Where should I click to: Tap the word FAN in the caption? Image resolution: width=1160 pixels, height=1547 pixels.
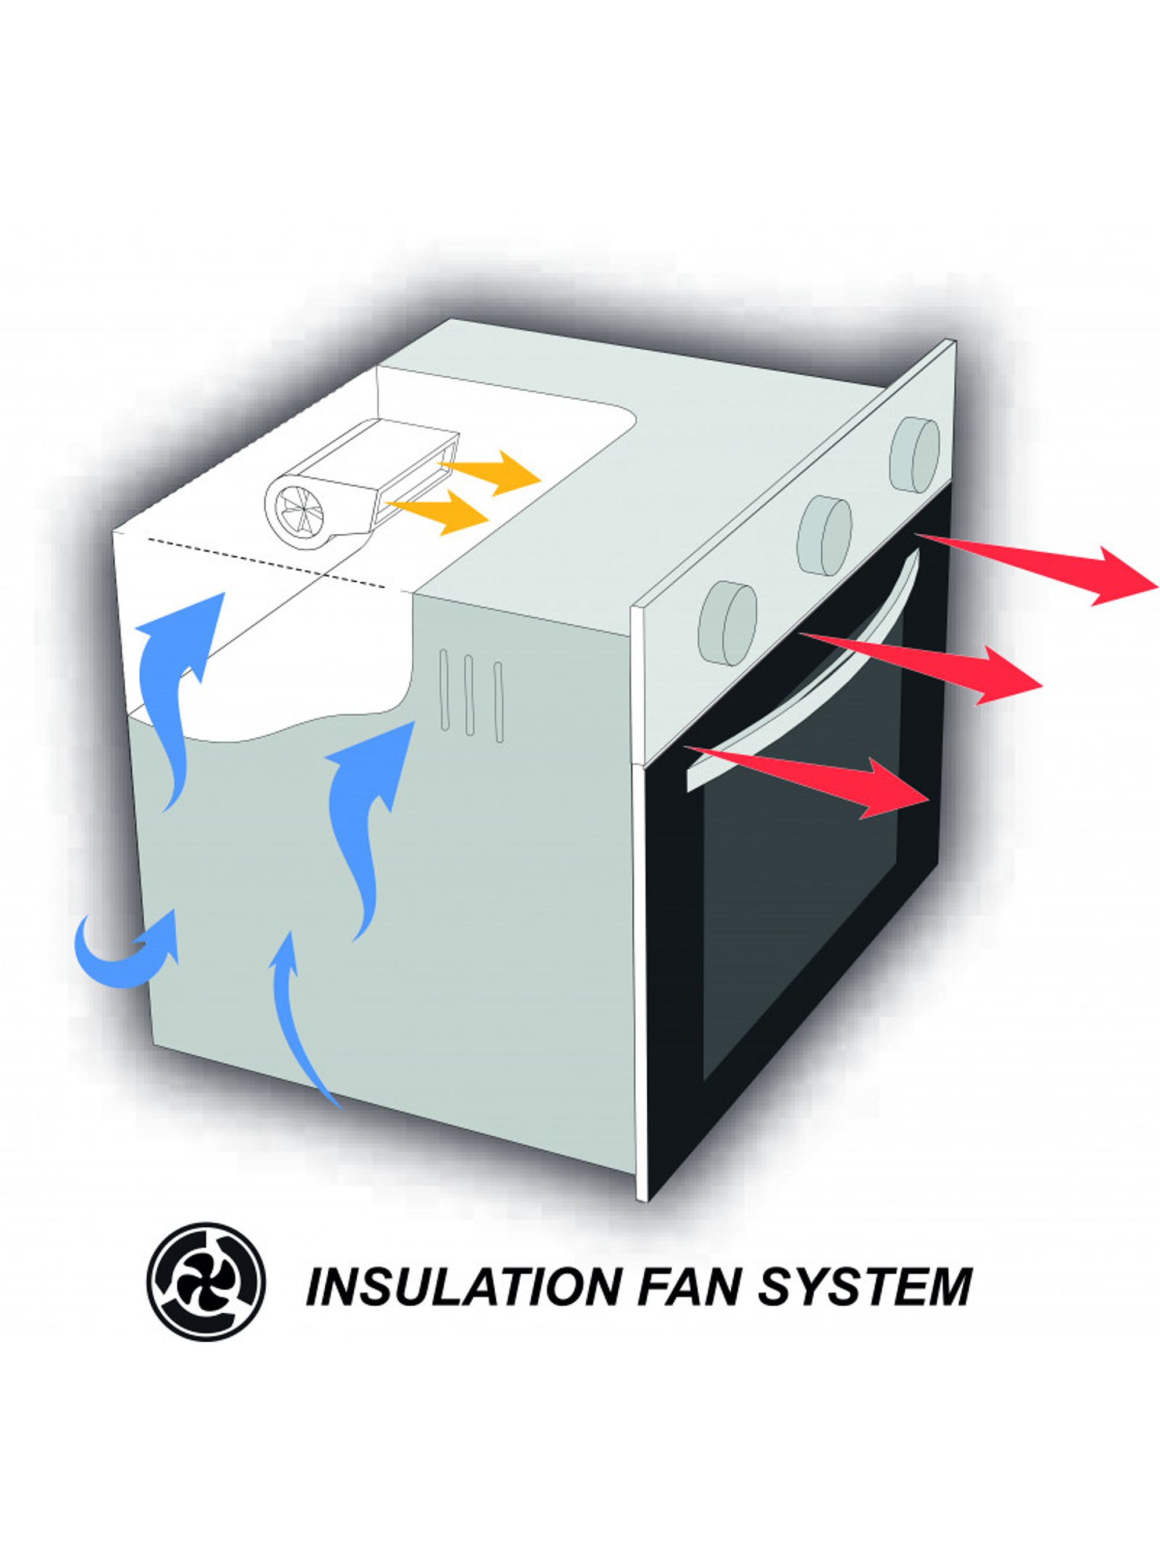coord(688,1285)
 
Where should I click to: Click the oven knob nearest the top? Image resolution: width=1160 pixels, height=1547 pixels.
coord(915,455)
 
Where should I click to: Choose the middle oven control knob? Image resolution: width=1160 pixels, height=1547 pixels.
coord(825,535)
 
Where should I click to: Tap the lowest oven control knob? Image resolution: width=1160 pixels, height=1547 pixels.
coord(727,622)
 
